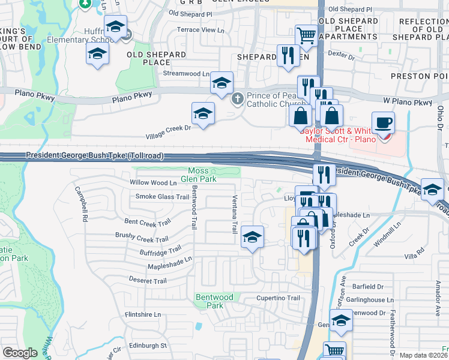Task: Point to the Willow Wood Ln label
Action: (x=154, y=182)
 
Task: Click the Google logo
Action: (x=20, y=353)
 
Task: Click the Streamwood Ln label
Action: (x=186, y=74)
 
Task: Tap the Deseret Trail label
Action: (x=148, y=281)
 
